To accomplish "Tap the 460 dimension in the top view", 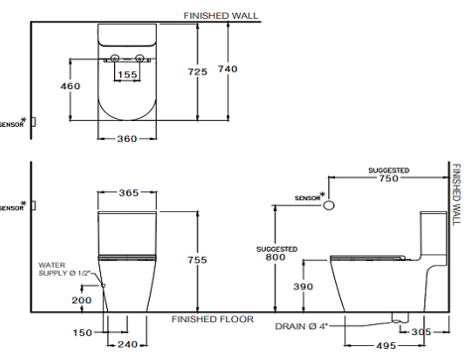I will coord(70,86).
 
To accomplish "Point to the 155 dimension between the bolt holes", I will coord(128,74).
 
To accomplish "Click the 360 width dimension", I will coord(127,139).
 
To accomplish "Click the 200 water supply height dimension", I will coord(82,299).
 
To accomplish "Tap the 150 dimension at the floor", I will coord(83,333).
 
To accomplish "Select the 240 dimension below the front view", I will coord(128,344).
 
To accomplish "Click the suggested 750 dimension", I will coord(389,180).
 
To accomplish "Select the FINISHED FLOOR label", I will coord(212,319).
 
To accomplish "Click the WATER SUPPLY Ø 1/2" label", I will coord(64,269).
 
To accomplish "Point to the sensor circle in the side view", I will coord(329,203).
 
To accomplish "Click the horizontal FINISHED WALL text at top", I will coord(221,16).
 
